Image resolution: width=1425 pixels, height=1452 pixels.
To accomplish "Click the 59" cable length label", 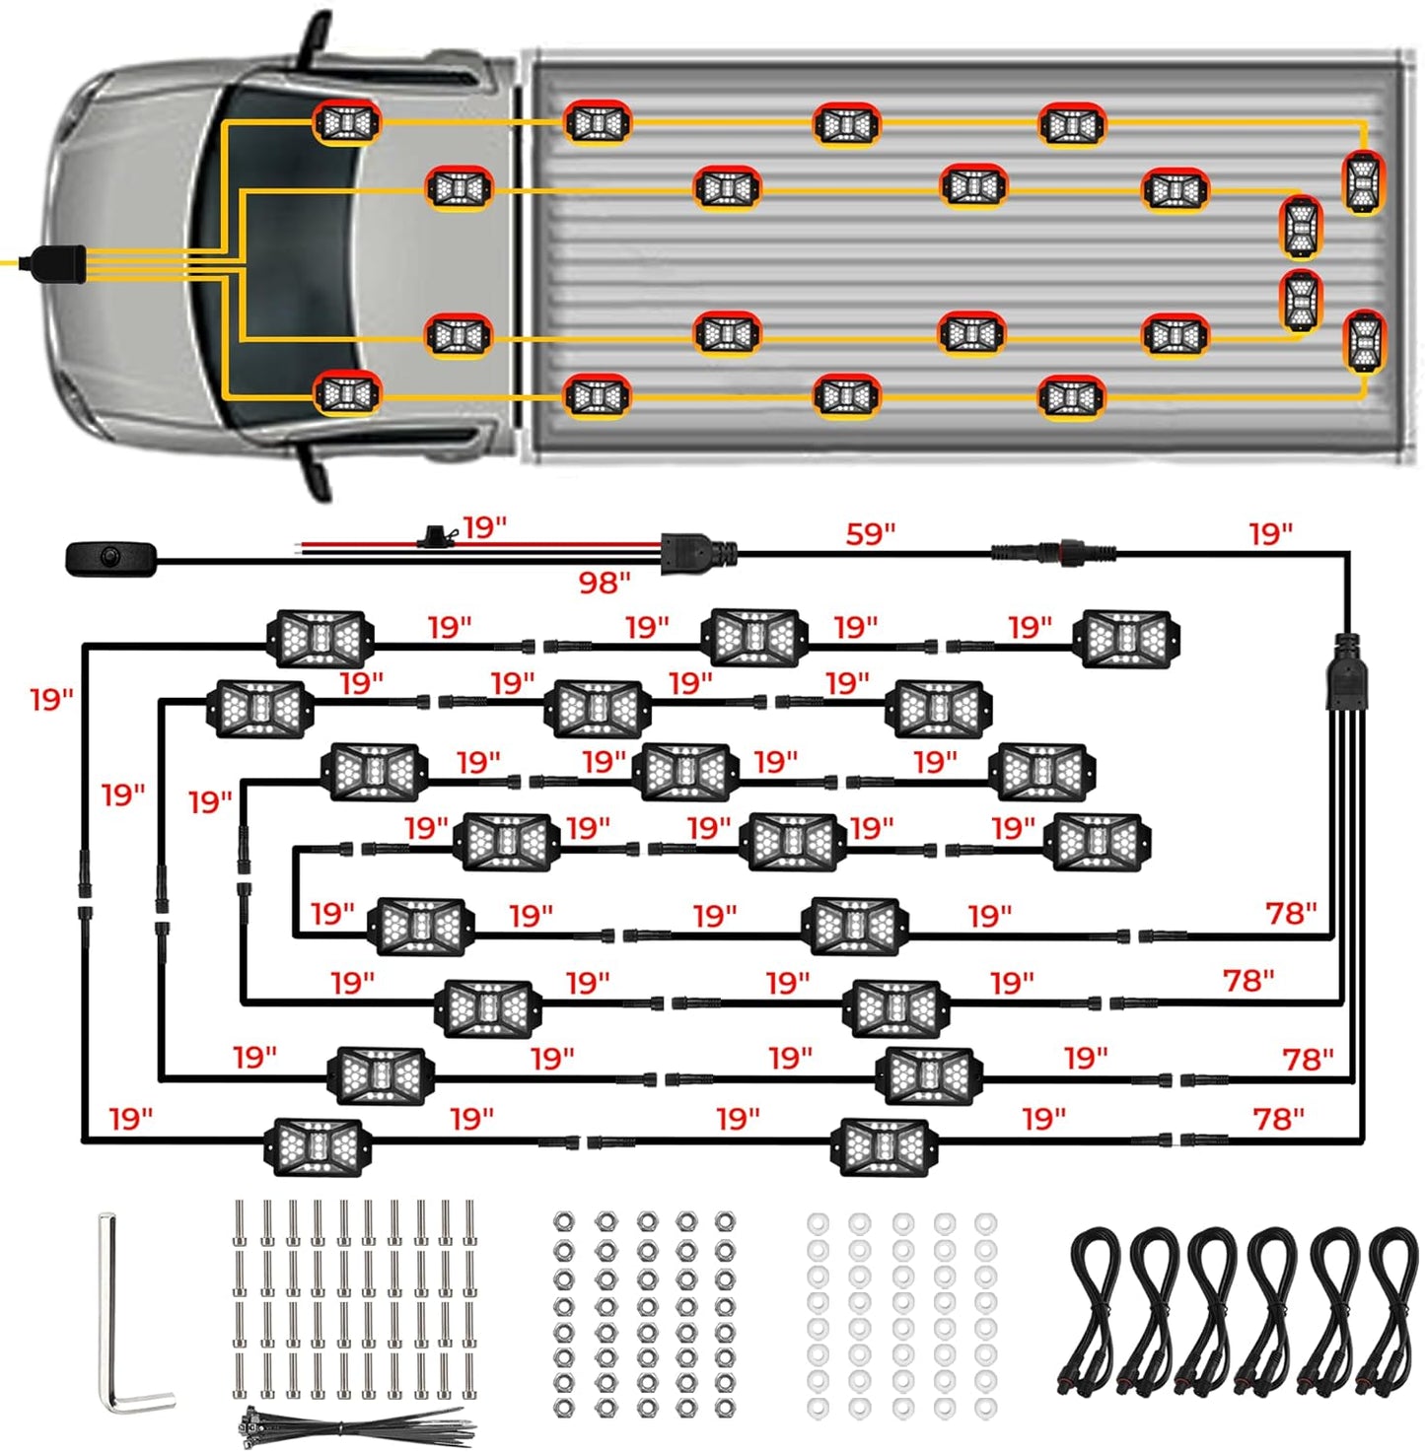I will click(x=870, y=534).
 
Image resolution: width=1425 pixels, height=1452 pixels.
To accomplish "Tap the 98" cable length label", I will click(x=604, y=583).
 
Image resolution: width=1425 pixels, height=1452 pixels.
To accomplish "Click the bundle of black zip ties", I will click(x=355, y=1425).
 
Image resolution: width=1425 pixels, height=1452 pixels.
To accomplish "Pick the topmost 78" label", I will click(x=1291, y=913).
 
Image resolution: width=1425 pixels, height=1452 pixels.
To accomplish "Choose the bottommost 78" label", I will click(x=1278, y=1119).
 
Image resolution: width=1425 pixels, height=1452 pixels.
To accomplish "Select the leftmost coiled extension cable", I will click(x=1095, y=1311).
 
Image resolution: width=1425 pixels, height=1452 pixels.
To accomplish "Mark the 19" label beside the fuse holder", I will click(x=484, y=527).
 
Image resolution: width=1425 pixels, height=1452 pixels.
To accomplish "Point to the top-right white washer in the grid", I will click(x=985, y=1223).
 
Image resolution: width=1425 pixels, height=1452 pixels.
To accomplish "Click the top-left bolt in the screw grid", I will click(x=240, y=1222).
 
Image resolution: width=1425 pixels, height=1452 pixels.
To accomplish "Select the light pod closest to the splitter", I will click(x=1126, y=638).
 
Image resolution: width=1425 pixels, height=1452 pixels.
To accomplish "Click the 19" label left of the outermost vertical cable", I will click(x=51, y=699).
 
